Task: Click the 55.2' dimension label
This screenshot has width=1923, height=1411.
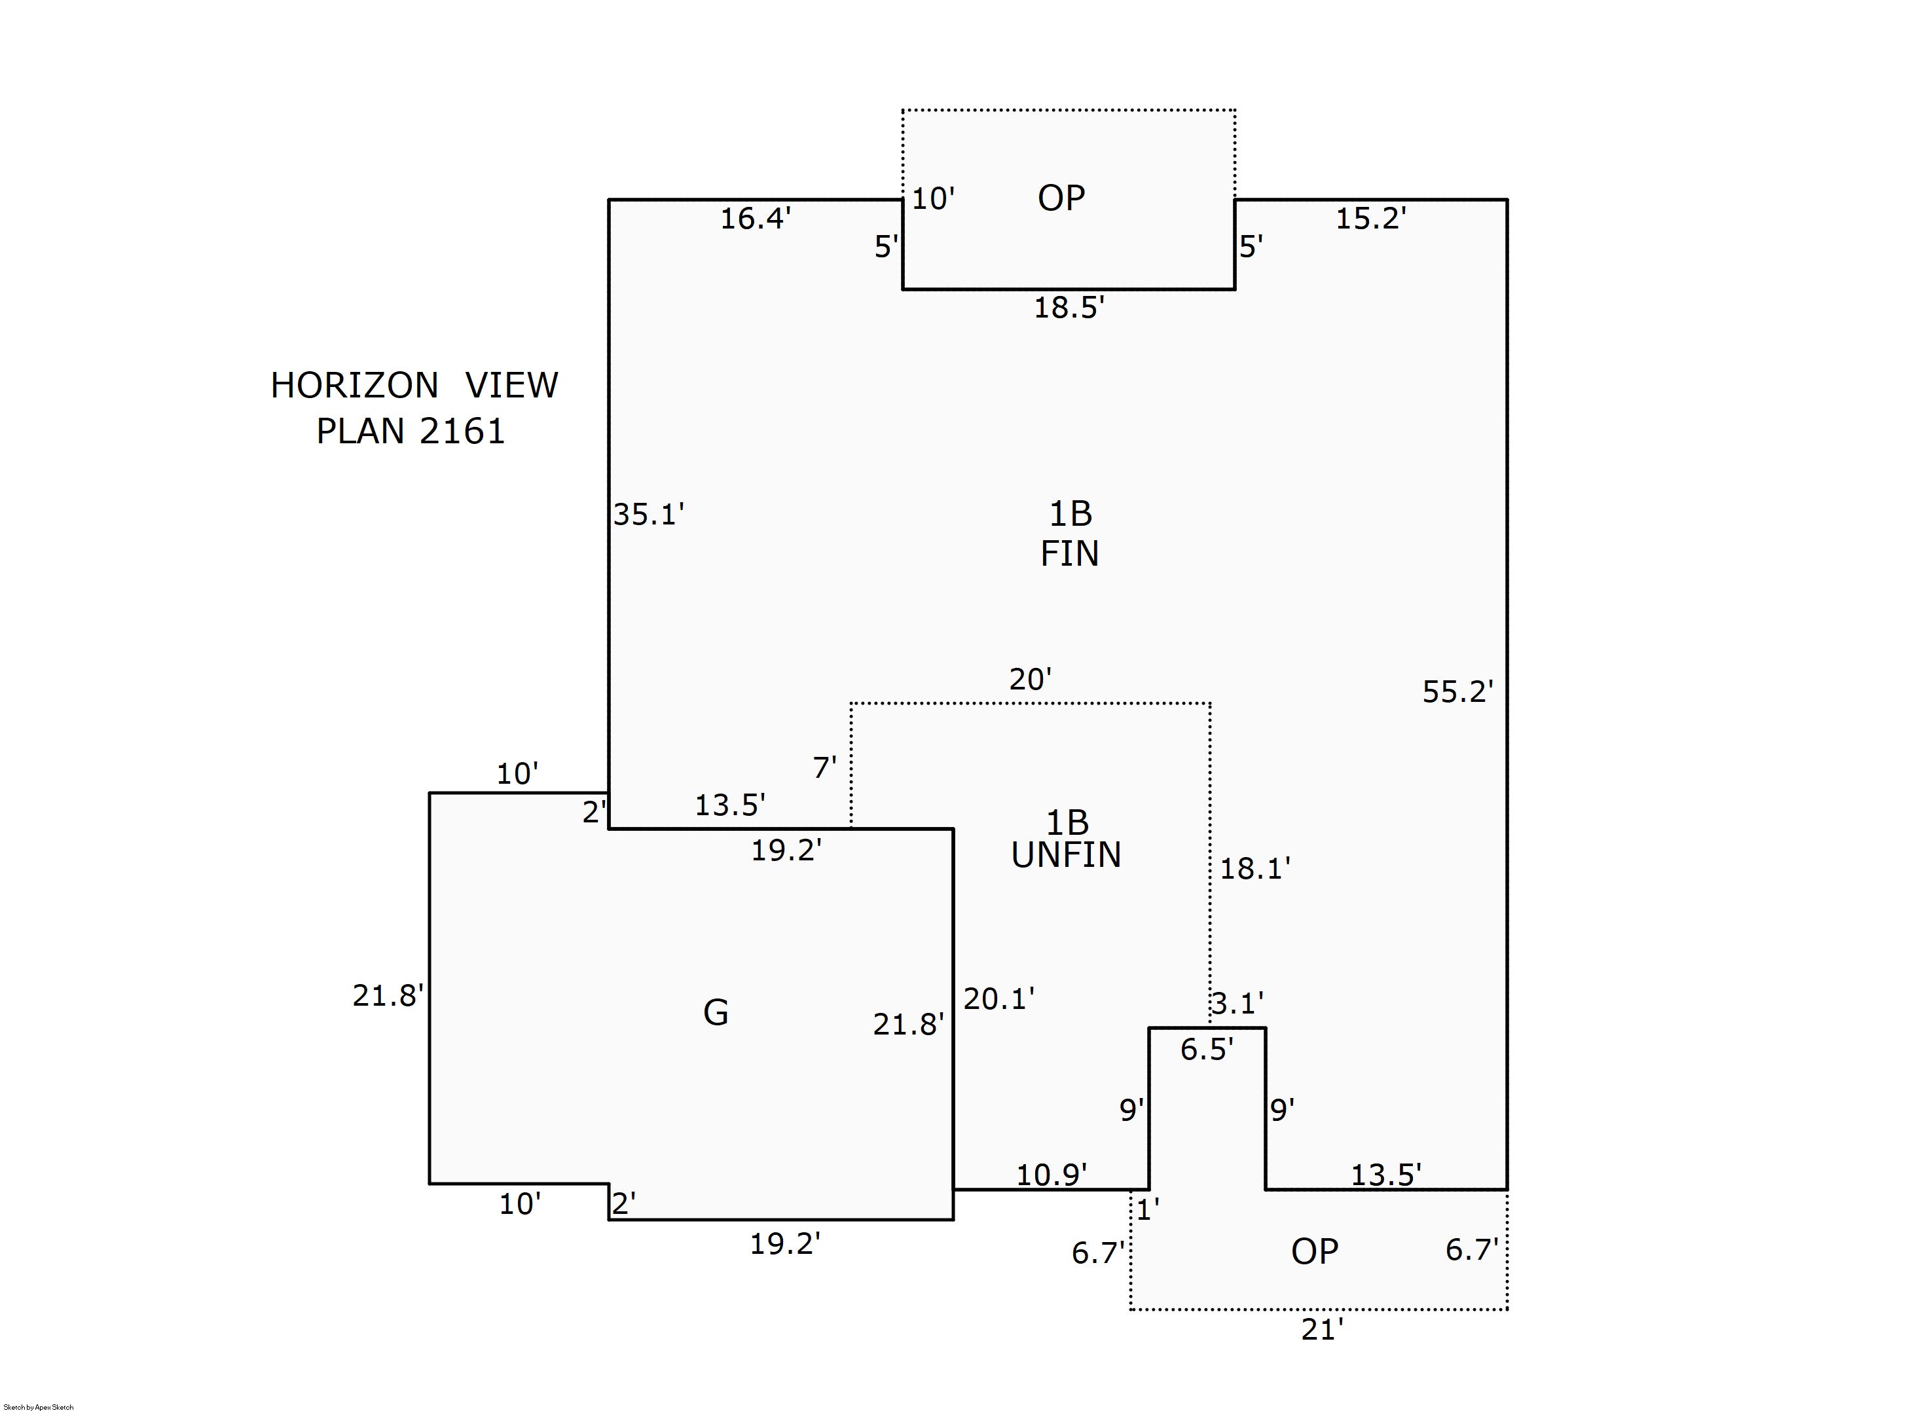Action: click(x=1457, y=692)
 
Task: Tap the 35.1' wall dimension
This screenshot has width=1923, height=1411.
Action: click(x=648, y=514)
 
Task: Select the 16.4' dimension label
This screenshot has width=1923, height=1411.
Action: click(x=755, y=219)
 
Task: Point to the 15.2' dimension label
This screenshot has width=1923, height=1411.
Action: click(x=1370, y=219)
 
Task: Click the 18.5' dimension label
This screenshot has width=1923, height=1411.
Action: click(x=1069, y=308)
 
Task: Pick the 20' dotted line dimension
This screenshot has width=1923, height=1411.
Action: click(x=1030, y=679)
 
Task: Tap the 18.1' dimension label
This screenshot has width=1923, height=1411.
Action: click(x=1254, y=869)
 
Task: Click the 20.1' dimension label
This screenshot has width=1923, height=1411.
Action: click(x=998, y=999)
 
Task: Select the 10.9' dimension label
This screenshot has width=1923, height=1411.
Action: click(x=1050, y=1175)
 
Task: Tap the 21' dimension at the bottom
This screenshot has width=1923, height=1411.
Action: click(x=1322, y=1330)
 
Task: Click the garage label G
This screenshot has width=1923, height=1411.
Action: click(x=716, y=1013)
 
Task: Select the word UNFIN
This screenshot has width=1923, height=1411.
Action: click(x=1066, y=855)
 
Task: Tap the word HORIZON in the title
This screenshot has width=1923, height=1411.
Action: click(x=354, y=386)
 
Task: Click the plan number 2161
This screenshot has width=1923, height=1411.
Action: click(x=462, y=431)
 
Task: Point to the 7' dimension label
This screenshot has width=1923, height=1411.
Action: click(x=824, y=768)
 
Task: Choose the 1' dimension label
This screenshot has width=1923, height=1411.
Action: click(x=1147, y=1209)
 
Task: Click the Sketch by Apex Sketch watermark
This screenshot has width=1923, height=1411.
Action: click(x=39, y=1406)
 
